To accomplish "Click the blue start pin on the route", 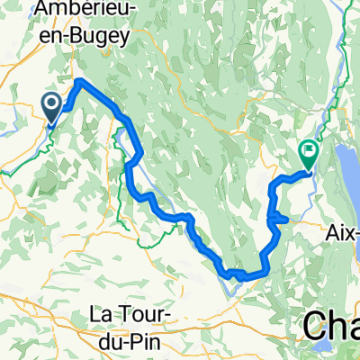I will [51, 110].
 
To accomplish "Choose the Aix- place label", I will [343, 229].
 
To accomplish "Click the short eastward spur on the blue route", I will [280, 218].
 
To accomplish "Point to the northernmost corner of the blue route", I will [80, 83].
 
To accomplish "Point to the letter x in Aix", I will [348, 229].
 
